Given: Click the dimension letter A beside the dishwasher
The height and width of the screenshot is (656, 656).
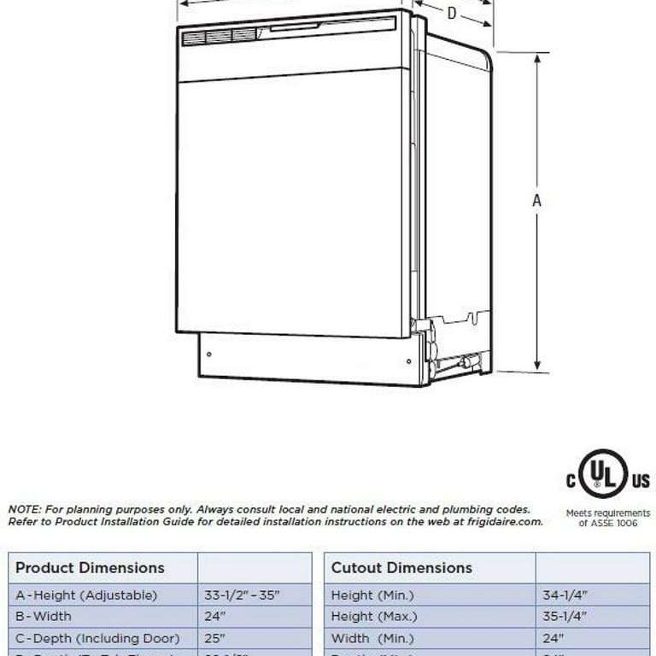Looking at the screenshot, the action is coord(537,201).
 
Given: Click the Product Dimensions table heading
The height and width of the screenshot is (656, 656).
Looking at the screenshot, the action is coord(90,567).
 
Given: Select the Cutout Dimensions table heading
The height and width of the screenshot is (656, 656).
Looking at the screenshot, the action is coord(401,567).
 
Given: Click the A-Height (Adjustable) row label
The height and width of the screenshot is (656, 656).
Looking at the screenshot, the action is coord(87,594).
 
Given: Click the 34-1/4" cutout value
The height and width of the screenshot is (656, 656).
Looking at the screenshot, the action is coord(565,594).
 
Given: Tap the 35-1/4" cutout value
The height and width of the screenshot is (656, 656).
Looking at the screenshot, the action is coord(565,616).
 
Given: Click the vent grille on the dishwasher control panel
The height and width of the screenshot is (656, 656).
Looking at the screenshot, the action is coord(220,36).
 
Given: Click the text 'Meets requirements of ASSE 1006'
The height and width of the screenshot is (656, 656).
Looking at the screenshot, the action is coord(608,518).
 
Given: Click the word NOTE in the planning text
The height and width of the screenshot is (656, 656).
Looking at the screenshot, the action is coord(25,509).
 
